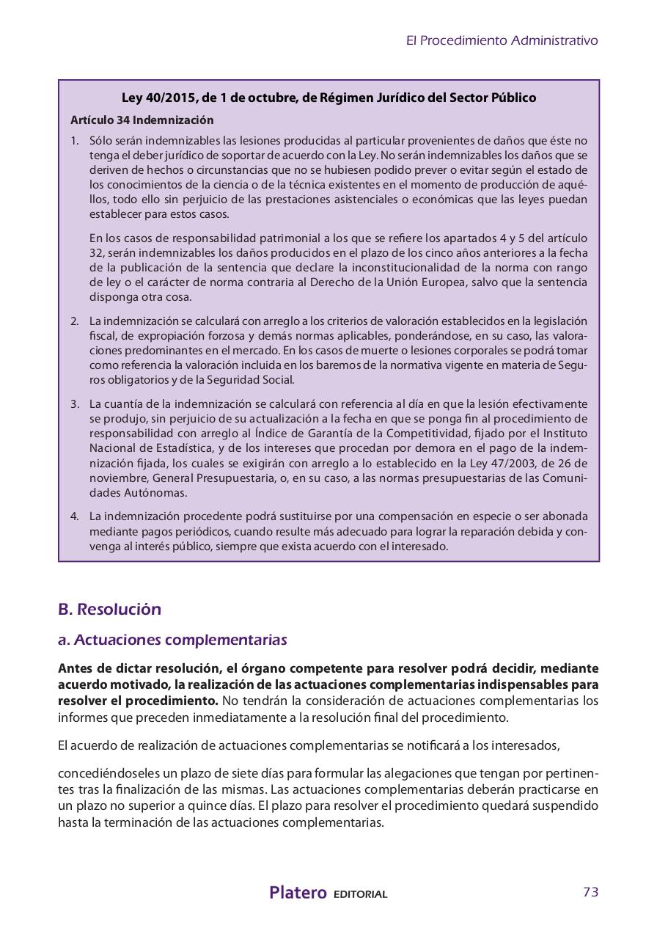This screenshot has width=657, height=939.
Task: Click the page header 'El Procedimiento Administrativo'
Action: [502, 40]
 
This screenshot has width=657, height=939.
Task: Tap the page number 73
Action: [590, 892]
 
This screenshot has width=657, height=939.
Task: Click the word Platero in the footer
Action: [298, 893]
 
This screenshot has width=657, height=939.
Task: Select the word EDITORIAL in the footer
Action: [360, 894]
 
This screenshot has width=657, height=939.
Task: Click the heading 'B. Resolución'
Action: [109, 609]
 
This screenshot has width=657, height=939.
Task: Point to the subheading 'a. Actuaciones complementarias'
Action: [172, 640]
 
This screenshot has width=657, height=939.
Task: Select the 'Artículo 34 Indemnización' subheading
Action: [142, 120]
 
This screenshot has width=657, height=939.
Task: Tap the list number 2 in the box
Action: [74, 321]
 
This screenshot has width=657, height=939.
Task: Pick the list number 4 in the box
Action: [74, 516]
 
